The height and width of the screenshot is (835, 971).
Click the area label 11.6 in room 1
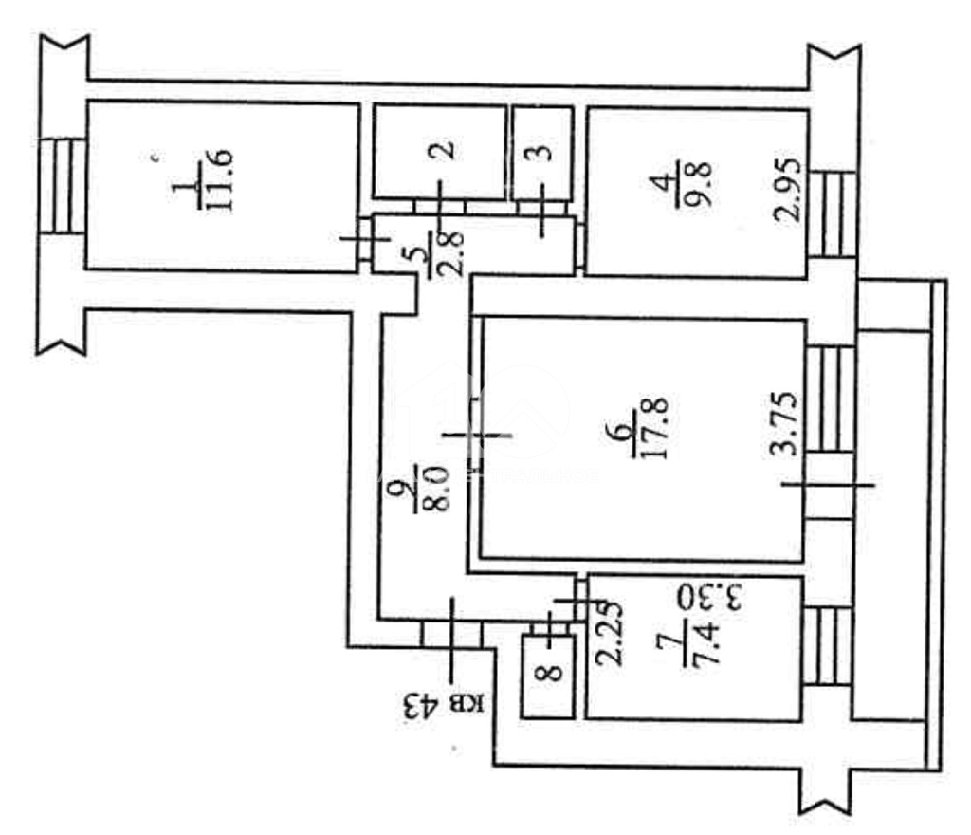pos(221,180)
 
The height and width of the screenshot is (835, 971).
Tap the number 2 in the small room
pos(445,150)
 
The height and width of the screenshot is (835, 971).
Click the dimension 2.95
pos(787,190)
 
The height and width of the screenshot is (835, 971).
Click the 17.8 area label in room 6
pos(654,427)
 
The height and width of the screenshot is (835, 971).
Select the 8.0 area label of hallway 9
pos(436,489)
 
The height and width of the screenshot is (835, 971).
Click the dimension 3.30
pos(709,597)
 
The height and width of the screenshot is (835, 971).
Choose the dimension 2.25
pos(609,633)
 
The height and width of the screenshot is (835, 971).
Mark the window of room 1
pos(62,186)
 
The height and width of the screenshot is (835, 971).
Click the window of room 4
pos(833,213)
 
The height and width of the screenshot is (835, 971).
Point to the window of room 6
pos(830,399)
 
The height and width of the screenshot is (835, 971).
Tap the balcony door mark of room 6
pos(829,485)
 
